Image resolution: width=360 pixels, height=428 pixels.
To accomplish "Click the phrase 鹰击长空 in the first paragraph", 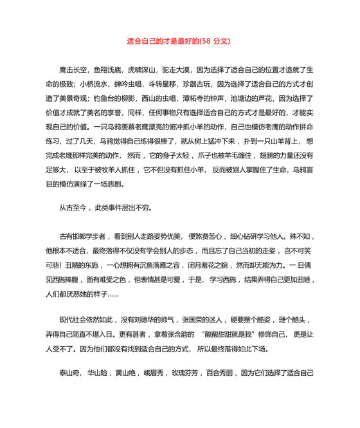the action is tap(72, 69).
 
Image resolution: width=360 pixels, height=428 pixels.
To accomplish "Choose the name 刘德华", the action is tap(152, 321).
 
